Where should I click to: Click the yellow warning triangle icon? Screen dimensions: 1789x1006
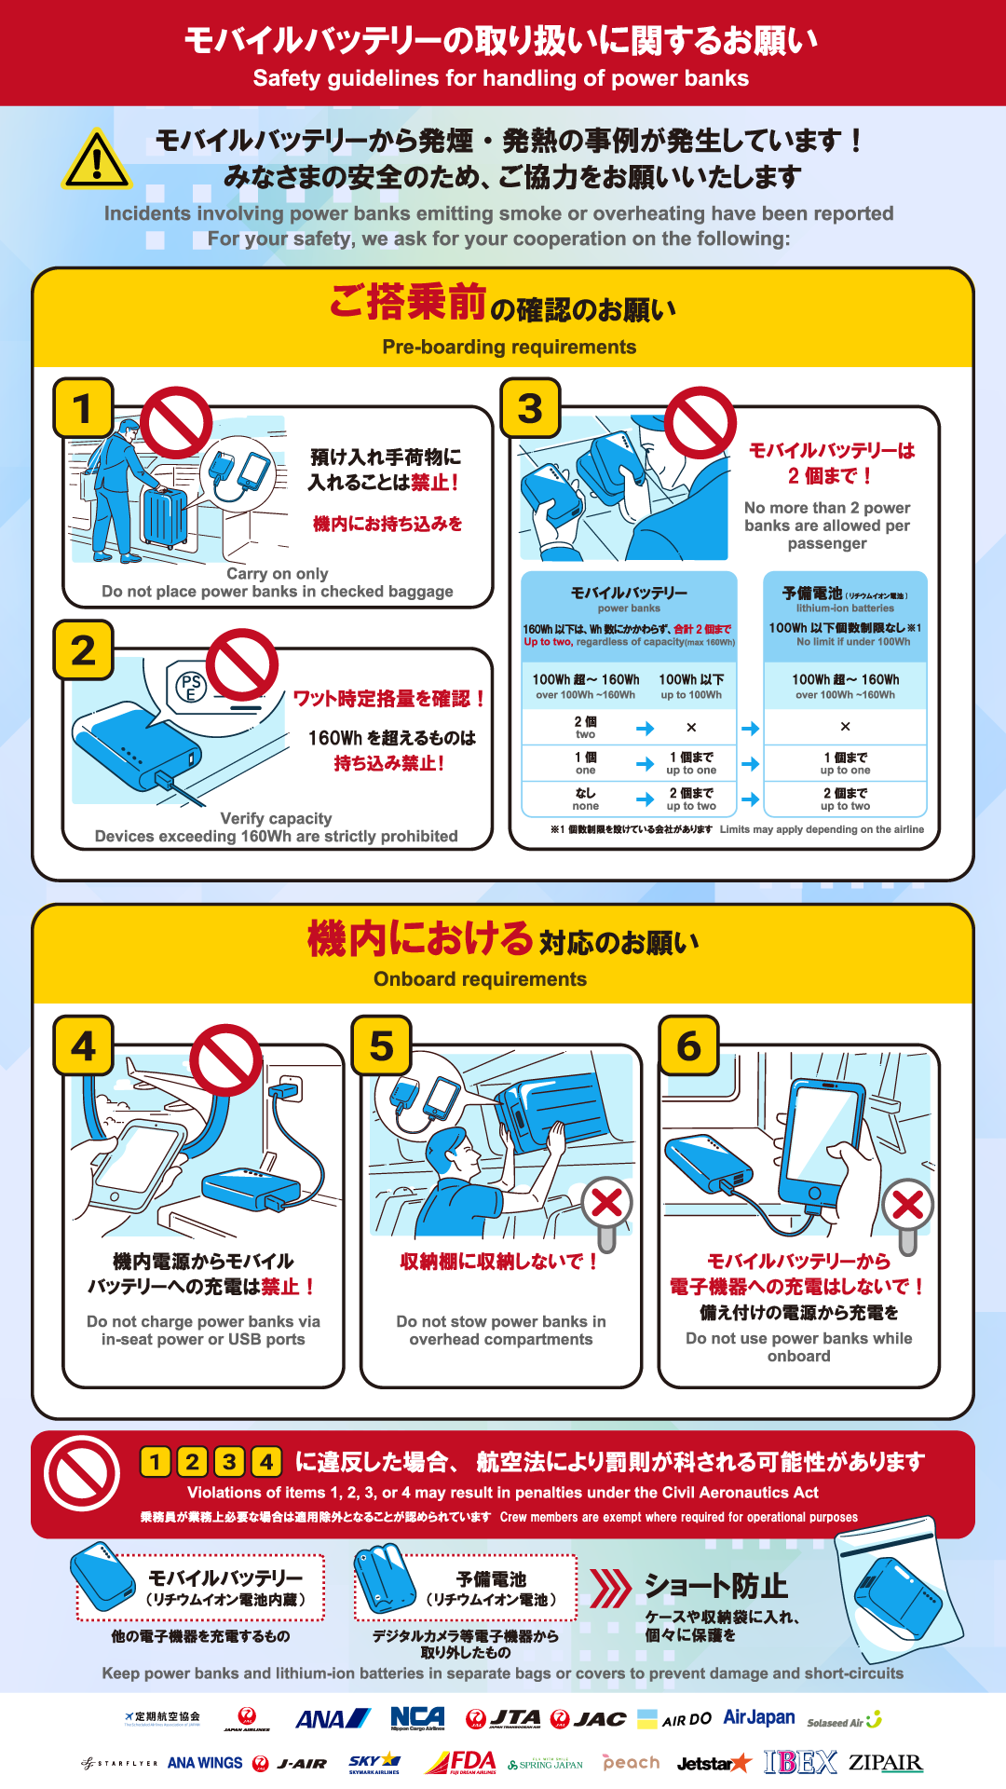tap(96, 159)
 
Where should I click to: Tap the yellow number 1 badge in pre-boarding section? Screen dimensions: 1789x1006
tap(83, 408)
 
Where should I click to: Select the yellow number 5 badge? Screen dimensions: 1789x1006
tap(381, 1045)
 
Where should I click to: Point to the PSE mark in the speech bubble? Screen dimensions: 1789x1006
tap(191, 687)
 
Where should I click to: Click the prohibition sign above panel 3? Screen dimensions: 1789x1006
tap(700, 423)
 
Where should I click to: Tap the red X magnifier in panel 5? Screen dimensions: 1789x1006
tap(606, 1204)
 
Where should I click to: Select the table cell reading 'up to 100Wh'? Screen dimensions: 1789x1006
tap(691, 687)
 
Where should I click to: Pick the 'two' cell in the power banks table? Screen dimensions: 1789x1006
tap(585, 728)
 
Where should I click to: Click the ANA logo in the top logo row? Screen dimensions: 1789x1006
tap(333, 1719)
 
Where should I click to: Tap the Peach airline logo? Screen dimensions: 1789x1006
tap(631, 1762)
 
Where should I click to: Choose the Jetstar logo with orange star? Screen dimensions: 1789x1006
tap(714, 1763)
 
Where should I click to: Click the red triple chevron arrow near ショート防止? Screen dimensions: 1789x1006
tap(610, 1589)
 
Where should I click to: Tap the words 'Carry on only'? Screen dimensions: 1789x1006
tap(278, 574)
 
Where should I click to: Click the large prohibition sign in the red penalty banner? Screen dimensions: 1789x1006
tap(82, 1474)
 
